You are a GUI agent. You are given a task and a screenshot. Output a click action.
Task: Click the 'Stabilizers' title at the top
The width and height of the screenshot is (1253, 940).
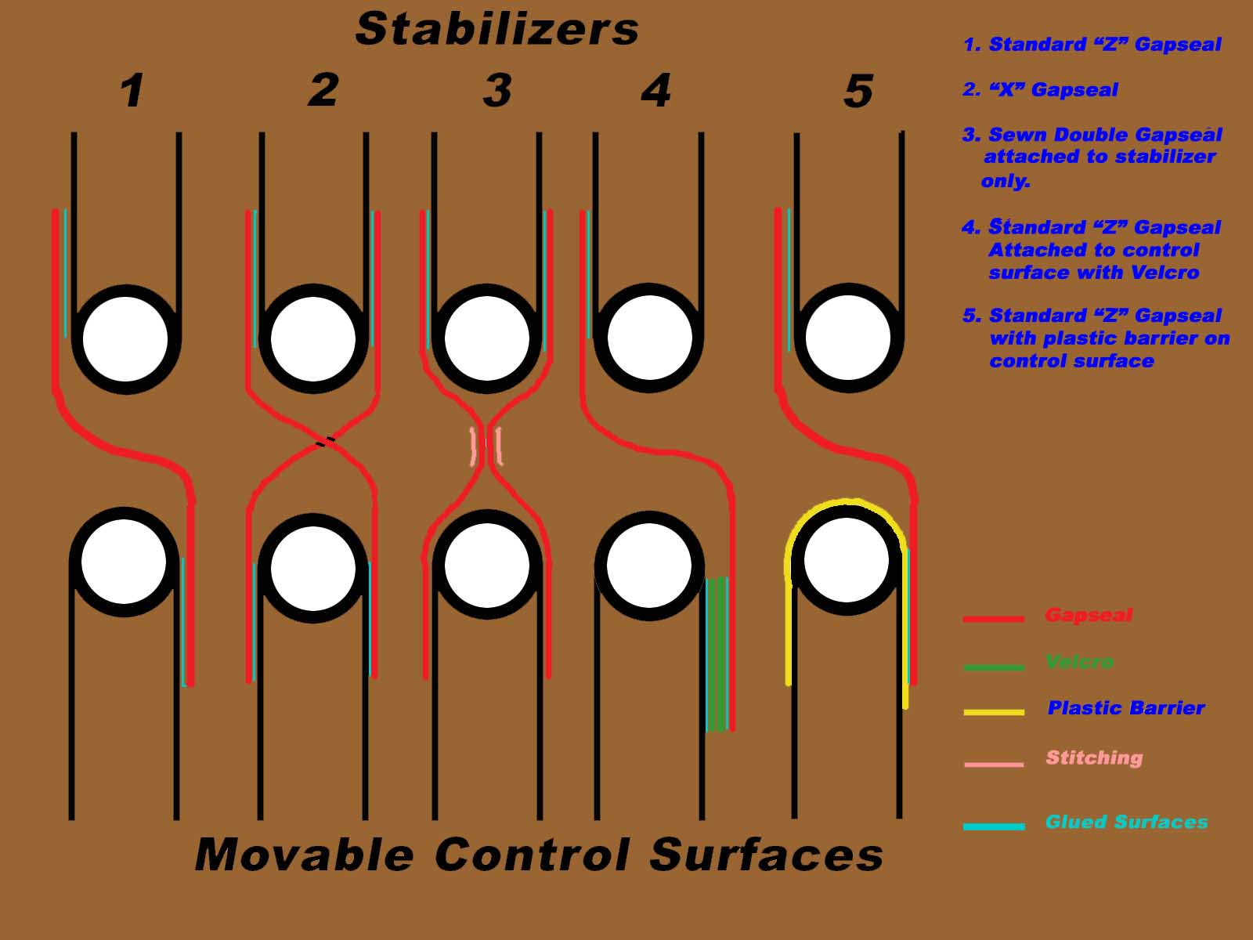tap(497, 30)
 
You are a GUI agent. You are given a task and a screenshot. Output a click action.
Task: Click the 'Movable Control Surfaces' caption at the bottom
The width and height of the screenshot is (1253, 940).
tap(539, 854)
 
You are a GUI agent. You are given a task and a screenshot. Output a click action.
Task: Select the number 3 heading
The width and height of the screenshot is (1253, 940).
tap(497, 90)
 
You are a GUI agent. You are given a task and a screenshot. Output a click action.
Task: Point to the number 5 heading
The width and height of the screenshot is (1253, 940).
tap(858, 91)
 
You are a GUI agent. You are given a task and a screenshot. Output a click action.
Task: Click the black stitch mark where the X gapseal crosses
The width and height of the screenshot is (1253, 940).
tap(325, 442)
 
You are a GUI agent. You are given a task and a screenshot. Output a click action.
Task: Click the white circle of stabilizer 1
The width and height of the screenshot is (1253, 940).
tap(125, 338)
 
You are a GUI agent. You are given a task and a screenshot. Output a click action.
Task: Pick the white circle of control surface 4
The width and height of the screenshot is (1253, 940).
tap(649, 566)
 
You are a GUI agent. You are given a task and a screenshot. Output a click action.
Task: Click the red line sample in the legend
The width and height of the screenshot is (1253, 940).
tap(993, 619)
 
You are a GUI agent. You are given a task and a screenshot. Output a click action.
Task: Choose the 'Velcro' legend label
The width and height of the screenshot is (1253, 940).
tap(1079, 662)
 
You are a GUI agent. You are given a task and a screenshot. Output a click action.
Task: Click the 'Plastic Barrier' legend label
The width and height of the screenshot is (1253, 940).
tap(1125, 708)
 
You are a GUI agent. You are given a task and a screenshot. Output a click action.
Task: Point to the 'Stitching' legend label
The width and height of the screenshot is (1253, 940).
tap(1094, 757)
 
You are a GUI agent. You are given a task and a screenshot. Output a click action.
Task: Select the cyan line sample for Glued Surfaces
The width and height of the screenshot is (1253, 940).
tap(994, 826)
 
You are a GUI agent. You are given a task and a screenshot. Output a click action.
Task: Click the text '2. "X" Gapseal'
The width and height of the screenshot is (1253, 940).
tap(1040, 90)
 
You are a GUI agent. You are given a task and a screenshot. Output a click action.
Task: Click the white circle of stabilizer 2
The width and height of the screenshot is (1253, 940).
tap(313, 338)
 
